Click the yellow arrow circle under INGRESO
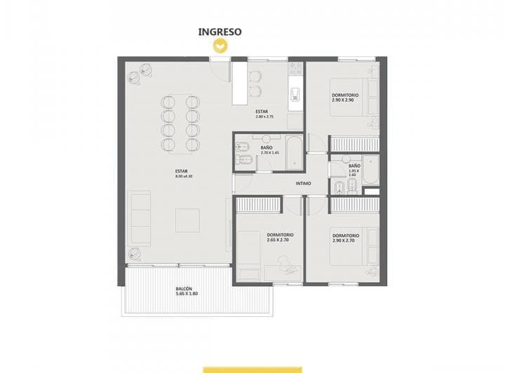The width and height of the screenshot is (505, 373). coord(220,46)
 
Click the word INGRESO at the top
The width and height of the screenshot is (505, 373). coord(220,32)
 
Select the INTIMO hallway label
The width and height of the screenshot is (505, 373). coord(303,184)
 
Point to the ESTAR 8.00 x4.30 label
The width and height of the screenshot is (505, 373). coord(180,174)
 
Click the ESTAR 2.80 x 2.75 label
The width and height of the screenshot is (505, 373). coord(263,114)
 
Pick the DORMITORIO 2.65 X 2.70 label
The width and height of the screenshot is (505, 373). coord(280,237)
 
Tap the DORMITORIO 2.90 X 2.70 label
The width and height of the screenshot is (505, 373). coord(346,238)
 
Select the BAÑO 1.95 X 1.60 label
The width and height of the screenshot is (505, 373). coord(354,171)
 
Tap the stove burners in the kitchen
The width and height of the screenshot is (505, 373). coord(296,69)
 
